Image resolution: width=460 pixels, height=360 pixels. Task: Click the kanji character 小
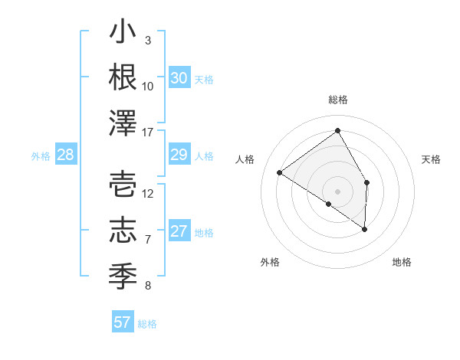pyautogui.click(x=123, y=34)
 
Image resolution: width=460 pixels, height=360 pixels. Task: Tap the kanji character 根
pyautogui.click(x=123, y=78)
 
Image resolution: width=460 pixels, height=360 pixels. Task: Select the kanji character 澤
pyautogui.click(x=123, y=123)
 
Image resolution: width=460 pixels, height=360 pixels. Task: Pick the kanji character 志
pyautogui.click(x=123, y=230)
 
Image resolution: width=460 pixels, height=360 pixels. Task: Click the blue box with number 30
pyautogui.click(x=179, y=77)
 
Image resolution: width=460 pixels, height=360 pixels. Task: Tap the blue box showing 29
pyautogui.click(x=179, y=155)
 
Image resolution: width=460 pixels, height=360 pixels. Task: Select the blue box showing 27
pyautogui.click(x=179, y=231)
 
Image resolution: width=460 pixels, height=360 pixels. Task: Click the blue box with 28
pyautogui.click(x=66, y=155)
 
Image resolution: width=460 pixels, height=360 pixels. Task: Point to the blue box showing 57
pyautogui.click(x=123, y=322)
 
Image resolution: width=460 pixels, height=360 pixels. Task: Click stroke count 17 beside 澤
pyautogui.click(x=148, y=133)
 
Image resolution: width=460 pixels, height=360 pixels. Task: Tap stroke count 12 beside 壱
pyautogui.click(x=148, y=193)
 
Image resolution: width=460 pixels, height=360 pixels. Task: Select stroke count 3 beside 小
pyautogui.click(x=148, y=41)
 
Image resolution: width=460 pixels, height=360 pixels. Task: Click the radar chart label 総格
pyautogui.click(x=338, y=100)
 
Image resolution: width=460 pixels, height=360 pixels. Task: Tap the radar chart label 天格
pyautogui.click(x=431, y=159)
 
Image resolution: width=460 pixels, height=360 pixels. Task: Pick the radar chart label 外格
pyautogui.click(x=270, y=262)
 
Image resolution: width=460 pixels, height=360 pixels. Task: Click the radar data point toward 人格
pyautogui.click(x=280, y=172)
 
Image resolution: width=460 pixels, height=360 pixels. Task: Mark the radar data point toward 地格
pyautogui.click(x=365, y=229)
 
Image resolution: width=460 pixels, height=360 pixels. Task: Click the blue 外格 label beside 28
pyautogui.click(x=41, y=156)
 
